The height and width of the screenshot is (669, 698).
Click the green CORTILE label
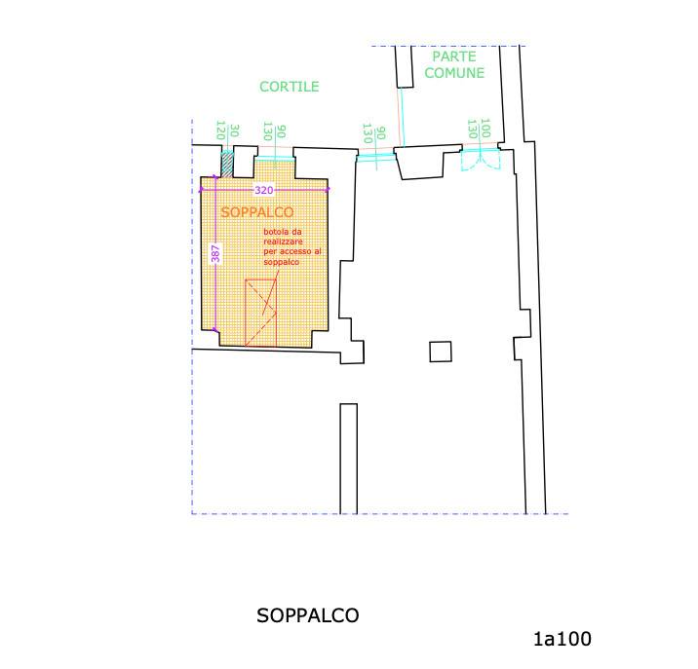[290, 87]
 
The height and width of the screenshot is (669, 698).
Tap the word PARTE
[454, 56]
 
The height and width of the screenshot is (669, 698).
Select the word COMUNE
[454, 73]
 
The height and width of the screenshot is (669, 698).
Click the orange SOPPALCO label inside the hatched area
[257, 212]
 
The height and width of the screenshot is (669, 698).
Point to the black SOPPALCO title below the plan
[308, 615]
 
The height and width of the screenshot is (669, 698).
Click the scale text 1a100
[562, 639]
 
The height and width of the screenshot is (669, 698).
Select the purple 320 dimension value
[263, 191]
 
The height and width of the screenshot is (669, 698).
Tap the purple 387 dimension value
[215, 253]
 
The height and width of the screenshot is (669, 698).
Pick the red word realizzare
[283, 242]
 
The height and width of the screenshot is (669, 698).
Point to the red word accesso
[295, 252]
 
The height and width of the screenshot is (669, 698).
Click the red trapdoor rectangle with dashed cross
[261, 313]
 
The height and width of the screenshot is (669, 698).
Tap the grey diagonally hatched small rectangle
[227, 165]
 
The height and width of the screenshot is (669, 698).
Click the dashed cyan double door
[481, 160]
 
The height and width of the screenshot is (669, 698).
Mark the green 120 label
[220, 130]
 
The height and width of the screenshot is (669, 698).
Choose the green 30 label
[235, 130]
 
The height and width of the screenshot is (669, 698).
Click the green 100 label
[486, 129]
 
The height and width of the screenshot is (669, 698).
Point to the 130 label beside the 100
[472, 129]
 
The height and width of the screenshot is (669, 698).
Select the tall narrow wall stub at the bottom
[349, 459]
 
